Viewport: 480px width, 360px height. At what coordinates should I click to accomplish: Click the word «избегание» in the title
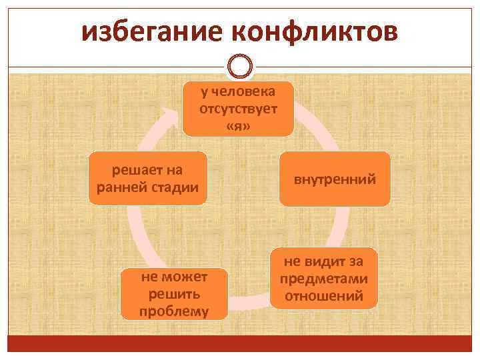[x=154, y=32]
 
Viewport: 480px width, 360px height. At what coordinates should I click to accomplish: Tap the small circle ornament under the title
[x=240, y=67]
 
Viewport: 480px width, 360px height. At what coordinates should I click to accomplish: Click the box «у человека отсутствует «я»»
[x=239, y=109]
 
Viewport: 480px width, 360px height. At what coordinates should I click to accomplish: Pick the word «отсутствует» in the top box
[x=239, y=108]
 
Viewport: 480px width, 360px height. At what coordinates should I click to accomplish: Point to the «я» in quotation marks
[x=239, y=125]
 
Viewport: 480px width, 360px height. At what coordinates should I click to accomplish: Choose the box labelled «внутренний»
[x=335, y=179]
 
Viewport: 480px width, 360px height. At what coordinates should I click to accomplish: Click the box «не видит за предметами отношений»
[x=325, y=278]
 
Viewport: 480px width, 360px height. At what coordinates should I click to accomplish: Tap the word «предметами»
[x=325, y=279]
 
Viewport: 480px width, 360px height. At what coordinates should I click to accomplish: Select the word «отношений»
[x=325, y=295]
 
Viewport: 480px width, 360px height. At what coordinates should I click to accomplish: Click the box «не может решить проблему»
[x=174, y=294]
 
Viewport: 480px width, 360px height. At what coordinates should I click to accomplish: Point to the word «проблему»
[x=174, y=311]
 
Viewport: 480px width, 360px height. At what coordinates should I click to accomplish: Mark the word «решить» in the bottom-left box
[x=174, y=294]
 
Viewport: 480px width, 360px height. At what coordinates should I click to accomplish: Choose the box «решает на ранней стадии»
[x=147, y=178]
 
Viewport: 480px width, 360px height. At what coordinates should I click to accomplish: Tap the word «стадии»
[x=174, y=187]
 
